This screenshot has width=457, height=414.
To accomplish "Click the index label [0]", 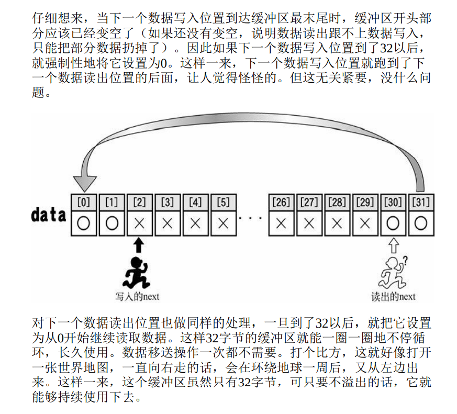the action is point(83,201).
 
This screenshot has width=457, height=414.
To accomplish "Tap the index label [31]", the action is point(421,202).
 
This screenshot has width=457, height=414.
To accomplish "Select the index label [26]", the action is point(281,202).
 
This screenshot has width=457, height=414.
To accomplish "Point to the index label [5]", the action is point(223,202).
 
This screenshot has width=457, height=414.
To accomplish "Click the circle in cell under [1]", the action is point(111,223).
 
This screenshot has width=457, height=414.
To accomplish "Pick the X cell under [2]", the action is point(139,223).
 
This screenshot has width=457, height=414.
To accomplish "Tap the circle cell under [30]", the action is point(393,223).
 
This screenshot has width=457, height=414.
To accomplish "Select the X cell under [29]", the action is point(365,223).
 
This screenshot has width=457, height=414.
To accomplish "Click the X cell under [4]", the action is point(195,223).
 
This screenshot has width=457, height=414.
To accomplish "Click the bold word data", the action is point(49,215).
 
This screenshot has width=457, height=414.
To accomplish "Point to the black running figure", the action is point(137,272).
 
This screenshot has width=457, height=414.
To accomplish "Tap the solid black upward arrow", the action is point(139,244).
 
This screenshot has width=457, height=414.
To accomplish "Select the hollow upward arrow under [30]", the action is point(393,244).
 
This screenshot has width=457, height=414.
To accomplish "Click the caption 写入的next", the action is point(137,297).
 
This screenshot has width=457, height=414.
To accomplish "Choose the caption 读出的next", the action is point(393,297).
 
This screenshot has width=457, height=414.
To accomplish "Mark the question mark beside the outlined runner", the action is point(405,259).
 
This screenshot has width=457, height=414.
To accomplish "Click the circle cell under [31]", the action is point(421,223).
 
